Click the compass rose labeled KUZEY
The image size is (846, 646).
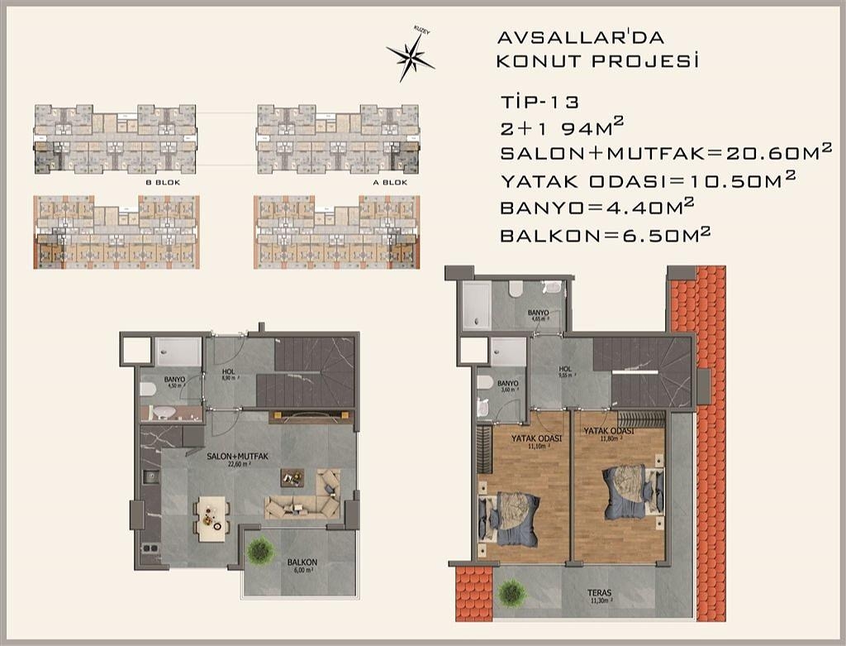coord(410,56)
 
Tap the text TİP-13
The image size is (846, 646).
coord(539,103)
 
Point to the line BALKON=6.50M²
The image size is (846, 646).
coord(605,235)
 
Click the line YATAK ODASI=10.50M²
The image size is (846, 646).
coord(648,179)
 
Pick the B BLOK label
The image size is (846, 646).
coord(163,181)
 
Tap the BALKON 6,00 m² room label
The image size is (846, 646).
coord(302,566)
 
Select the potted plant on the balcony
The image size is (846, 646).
coord(261,548)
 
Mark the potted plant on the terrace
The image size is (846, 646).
coord(512,592)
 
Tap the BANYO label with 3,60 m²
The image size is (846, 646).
coord(507,386)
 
